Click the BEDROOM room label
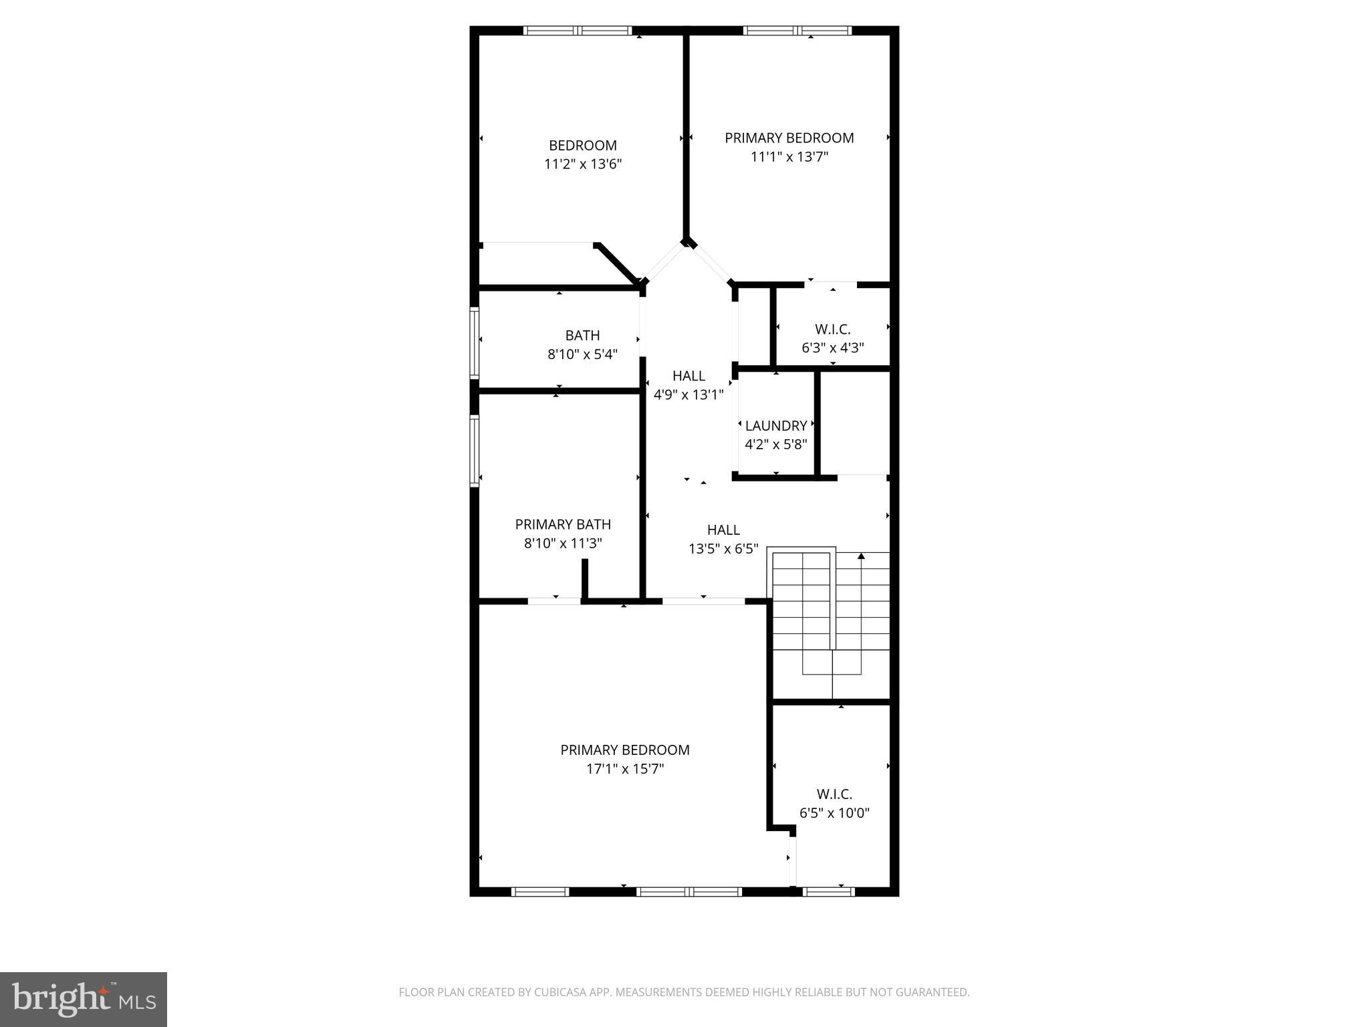pos(582,145)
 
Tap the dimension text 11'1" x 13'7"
pos(789,157)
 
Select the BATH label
pos(582,335)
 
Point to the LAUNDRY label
pos(775,425)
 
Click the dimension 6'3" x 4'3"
pos(832,348)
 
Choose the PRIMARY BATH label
pos(563,524)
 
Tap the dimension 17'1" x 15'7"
pos(624,769)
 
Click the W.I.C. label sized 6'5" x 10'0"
pos(834,794)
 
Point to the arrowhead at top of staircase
pos(861,556)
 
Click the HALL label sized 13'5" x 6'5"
pos(723,530)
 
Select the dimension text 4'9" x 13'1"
pos(689,394)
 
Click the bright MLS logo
pos(84,999)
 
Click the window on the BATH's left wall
pos(475,342)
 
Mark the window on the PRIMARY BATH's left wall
pos(475,449)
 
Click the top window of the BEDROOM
pos(578,30)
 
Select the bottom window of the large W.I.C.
pos(828,891)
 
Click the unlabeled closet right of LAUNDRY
pos(855,423)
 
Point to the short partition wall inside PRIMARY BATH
pos(584,578)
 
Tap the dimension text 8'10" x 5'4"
pos(582,354)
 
